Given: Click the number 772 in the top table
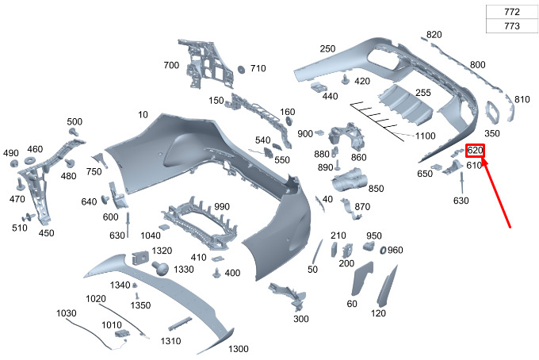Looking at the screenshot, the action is (x=512, y=12).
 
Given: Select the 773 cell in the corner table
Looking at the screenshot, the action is (x=512, y=26).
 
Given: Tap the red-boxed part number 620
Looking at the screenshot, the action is (x=475, y=150).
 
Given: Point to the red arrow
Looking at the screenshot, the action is (x=496, y=192).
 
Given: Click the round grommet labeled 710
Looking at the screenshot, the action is (x=241, y=69).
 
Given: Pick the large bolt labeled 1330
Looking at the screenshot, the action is (x=160, y=268).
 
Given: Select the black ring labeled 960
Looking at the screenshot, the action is (x=383, y=251).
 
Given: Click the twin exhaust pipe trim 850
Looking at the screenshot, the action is (x=349, y=178).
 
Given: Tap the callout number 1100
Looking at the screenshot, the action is (x=425, y=136).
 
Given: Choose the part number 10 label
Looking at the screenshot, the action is (x=143, y=114).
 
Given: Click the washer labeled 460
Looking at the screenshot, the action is (x=31, y=161).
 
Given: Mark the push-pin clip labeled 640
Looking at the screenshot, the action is (x=105, y=200).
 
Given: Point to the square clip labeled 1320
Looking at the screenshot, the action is (x=140, y=258).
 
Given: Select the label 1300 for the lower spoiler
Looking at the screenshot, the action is (x=239, y=349).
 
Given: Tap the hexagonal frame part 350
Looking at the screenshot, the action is (x=492, y=111).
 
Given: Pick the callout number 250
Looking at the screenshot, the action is (x=327, y=49).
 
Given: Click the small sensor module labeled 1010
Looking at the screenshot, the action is (x=122, y=334).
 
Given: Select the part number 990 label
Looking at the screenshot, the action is (x=222, y=207).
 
